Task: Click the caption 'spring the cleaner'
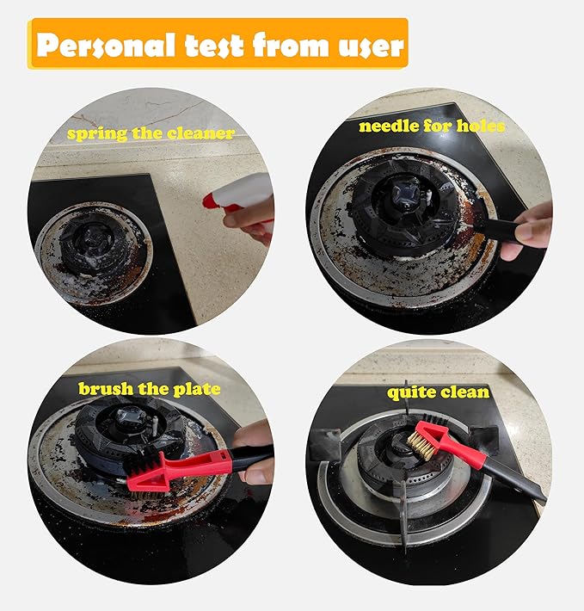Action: (151, 134)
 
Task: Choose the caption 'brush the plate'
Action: (149, 388)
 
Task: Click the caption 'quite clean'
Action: (438, 392)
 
